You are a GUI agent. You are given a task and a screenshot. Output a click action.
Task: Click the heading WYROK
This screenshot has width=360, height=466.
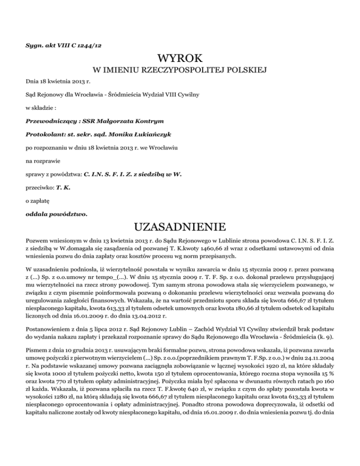click(180, 59)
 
